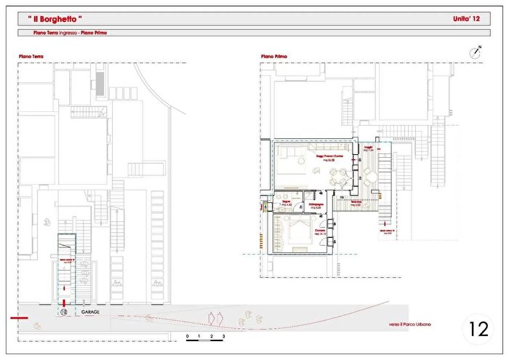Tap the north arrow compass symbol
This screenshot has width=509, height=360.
click(476, 52)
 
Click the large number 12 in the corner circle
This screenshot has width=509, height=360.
click(478, 329)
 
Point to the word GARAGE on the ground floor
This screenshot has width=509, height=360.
click(90, 312)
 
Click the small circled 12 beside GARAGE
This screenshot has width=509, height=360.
click(64, 312)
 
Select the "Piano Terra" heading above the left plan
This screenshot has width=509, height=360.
click(31, 56)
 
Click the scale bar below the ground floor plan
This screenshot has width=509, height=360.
click(205, 337)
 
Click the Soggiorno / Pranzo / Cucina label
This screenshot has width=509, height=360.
click(329, 156)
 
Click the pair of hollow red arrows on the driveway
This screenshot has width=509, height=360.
click(214, 317)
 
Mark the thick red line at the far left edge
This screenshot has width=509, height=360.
click(19, 318)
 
